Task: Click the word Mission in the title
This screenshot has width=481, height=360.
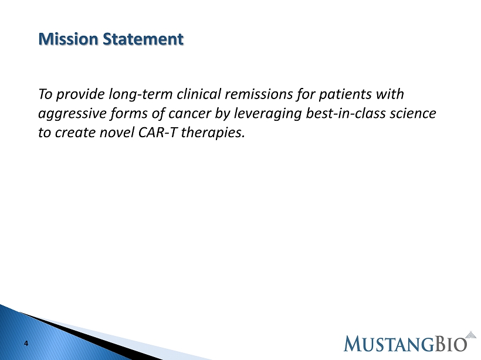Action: point(68,39)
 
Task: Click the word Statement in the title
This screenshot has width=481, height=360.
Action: point(143,39)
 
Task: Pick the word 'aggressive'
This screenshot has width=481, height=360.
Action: point(72,114)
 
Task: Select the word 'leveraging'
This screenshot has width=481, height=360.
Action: point(268,114)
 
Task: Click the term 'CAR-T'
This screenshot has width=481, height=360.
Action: point(158,132)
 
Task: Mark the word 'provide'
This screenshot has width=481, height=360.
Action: point(80,94)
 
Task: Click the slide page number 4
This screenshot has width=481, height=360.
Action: point(26,344)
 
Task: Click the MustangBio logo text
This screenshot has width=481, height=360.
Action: point(405,344)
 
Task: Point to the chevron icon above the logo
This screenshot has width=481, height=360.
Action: point(471,335)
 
